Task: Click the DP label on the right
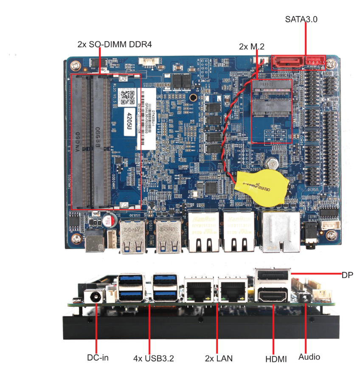(347, 275)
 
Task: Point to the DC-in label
(98, 357)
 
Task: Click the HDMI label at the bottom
(276, 359)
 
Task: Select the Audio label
(309, 357)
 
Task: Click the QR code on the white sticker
(126, 96)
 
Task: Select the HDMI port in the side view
(272, 295)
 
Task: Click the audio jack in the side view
(304, 297)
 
